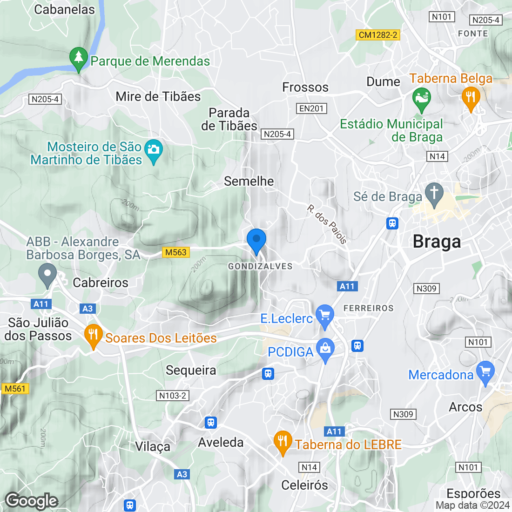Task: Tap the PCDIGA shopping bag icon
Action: [325, 350]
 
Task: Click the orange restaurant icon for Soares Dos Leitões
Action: [94, 335]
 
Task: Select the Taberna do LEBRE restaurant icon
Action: [283, 442]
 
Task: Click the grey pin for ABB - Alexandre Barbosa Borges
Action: [47, 274]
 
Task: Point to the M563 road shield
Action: [176, 252]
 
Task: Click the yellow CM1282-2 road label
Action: [378, 35]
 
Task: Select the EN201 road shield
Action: [311, 108]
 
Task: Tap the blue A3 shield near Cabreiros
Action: [87, 309]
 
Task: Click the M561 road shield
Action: [15, 389]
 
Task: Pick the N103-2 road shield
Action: [173, 396]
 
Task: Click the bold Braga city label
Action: [437, 242]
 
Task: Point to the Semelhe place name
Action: [249, 181]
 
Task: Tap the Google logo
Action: [32, 501]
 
